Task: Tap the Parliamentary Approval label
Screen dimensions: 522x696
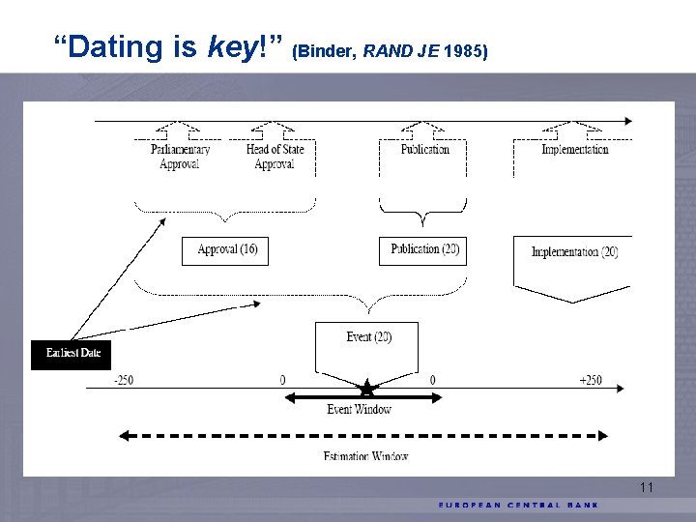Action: [180, 157]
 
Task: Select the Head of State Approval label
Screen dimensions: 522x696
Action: [275, 157]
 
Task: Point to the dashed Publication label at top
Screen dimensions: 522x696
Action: [425, 150]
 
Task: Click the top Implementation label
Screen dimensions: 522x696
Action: [574, 150]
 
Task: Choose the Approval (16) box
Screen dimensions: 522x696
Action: [226, 250]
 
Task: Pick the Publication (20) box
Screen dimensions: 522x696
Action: [424, 249]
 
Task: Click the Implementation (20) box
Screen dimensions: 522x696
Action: [573, 253]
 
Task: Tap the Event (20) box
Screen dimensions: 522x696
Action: [367, 338]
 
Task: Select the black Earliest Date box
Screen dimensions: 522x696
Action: [72, 354]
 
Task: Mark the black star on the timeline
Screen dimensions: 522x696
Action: [366, 390]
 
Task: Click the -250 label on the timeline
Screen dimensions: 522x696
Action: [123, 380]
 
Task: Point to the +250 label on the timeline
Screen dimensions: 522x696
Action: [590, 380]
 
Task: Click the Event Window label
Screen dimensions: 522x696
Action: [359, 410]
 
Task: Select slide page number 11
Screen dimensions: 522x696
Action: [647, 488]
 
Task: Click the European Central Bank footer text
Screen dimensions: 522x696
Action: [518, 505]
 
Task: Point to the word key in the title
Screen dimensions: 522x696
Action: [228, 45]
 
